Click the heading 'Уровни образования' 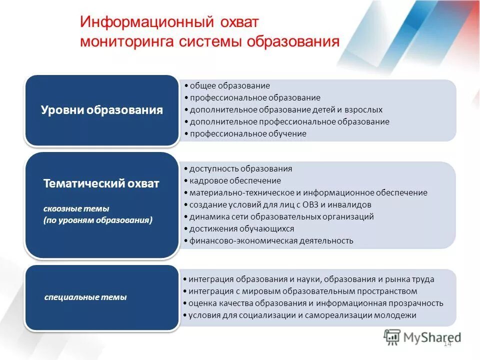coord(101,110)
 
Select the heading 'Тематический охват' coord(101,183)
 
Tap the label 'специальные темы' coord(85,297)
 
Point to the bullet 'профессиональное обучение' coord(248,133)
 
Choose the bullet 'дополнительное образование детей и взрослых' coord(286,109)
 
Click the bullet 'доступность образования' coord(240,168)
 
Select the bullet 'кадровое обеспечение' coord(235,180)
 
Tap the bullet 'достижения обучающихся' coord(241,228)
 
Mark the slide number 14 coord(447,343)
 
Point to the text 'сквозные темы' coord(76,208)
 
